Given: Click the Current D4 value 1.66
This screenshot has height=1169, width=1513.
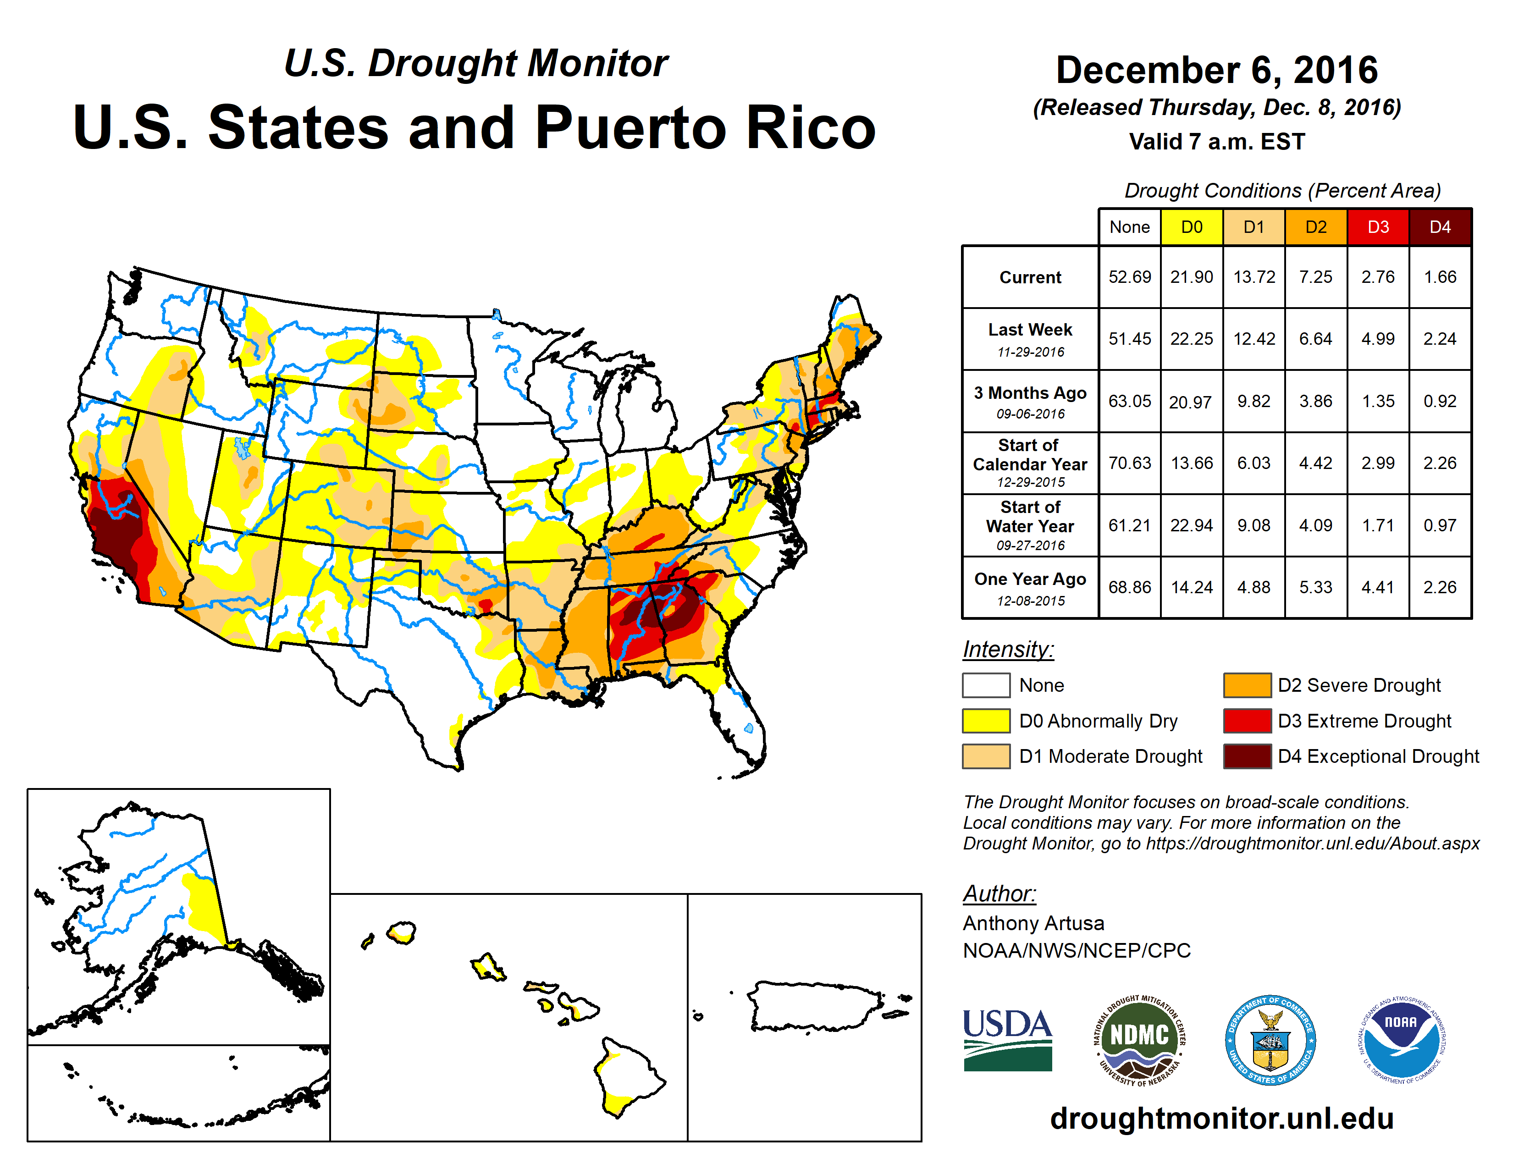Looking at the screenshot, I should (x=1440, y=277).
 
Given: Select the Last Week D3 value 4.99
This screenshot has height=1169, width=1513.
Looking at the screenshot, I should (x=1378, y=339).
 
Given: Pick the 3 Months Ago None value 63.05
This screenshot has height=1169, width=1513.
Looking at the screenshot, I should (x=1129, y=401).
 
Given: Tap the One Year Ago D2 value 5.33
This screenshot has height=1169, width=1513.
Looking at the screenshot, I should (x=1315, y=587).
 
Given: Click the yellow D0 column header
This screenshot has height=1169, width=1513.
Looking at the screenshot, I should (x=1192, y=227).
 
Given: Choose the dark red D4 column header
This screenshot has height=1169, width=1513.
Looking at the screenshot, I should (x=1440, y=227).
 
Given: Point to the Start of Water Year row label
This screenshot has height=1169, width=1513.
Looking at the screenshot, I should (x=1030, y=526).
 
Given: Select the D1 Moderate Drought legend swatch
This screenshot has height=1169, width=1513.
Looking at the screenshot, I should (x=986, y=756).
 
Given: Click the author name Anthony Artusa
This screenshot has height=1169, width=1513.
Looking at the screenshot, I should (x=1033, y=923).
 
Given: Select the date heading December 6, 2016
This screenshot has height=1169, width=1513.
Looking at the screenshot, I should (x=1216, y=70).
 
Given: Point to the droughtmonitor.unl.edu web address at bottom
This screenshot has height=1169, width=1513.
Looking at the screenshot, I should (x=1221, y=1119).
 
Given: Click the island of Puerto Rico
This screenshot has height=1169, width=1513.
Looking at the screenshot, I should (x=814, y=1005).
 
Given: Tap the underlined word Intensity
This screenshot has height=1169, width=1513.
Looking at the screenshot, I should (x=1008, y=650).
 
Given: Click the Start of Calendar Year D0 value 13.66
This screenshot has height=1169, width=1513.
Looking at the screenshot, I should (x=1192, y=463).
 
